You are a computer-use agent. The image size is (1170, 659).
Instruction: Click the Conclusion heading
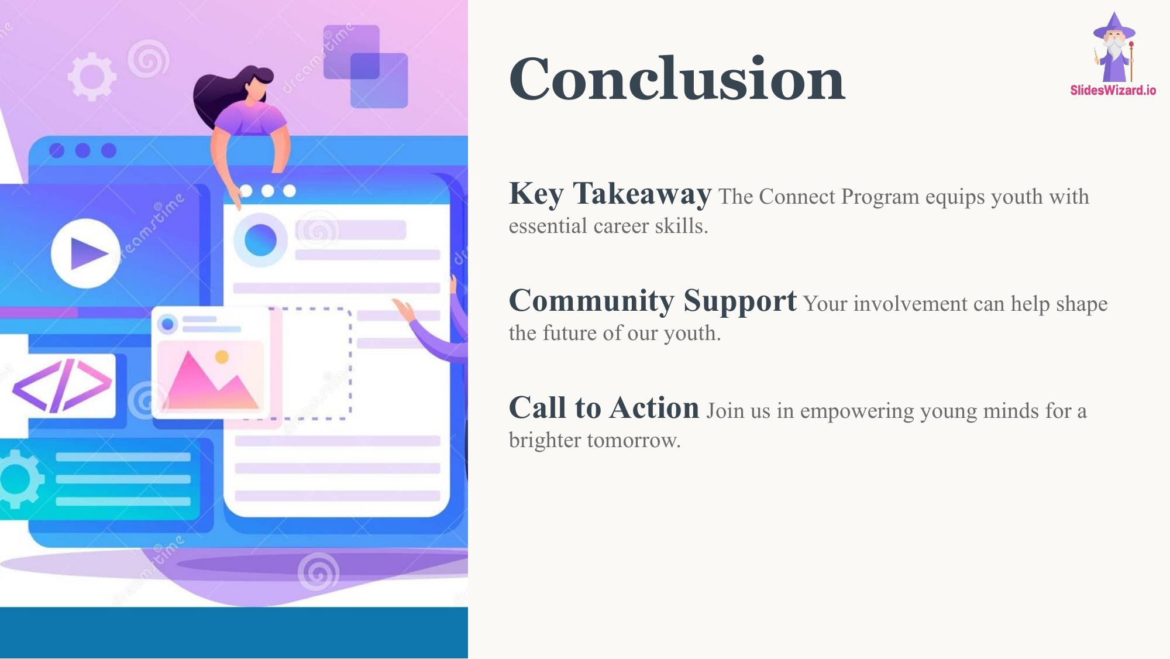point(677,78)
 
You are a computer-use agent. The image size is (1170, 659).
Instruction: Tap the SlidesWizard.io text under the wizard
point(1113,90)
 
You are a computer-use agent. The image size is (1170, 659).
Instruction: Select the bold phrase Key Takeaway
point(610,194)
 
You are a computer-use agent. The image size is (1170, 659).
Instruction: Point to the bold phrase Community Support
point(653,301)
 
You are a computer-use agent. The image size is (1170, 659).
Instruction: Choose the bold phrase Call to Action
point(604,407)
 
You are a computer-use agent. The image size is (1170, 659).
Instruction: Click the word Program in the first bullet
point(880,197)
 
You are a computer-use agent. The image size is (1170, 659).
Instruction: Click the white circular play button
point(86,253)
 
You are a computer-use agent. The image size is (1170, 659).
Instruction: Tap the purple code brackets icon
point(61,386)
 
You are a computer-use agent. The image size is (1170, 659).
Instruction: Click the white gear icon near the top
point(92,77)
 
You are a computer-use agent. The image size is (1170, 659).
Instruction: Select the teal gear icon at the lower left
point(19,479)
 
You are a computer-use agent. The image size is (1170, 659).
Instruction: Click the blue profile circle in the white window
point(260,240)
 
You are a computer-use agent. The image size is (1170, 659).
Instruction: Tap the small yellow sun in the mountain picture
point(222,356)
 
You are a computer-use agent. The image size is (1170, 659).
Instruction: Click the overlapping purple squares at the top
point(366,66)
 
